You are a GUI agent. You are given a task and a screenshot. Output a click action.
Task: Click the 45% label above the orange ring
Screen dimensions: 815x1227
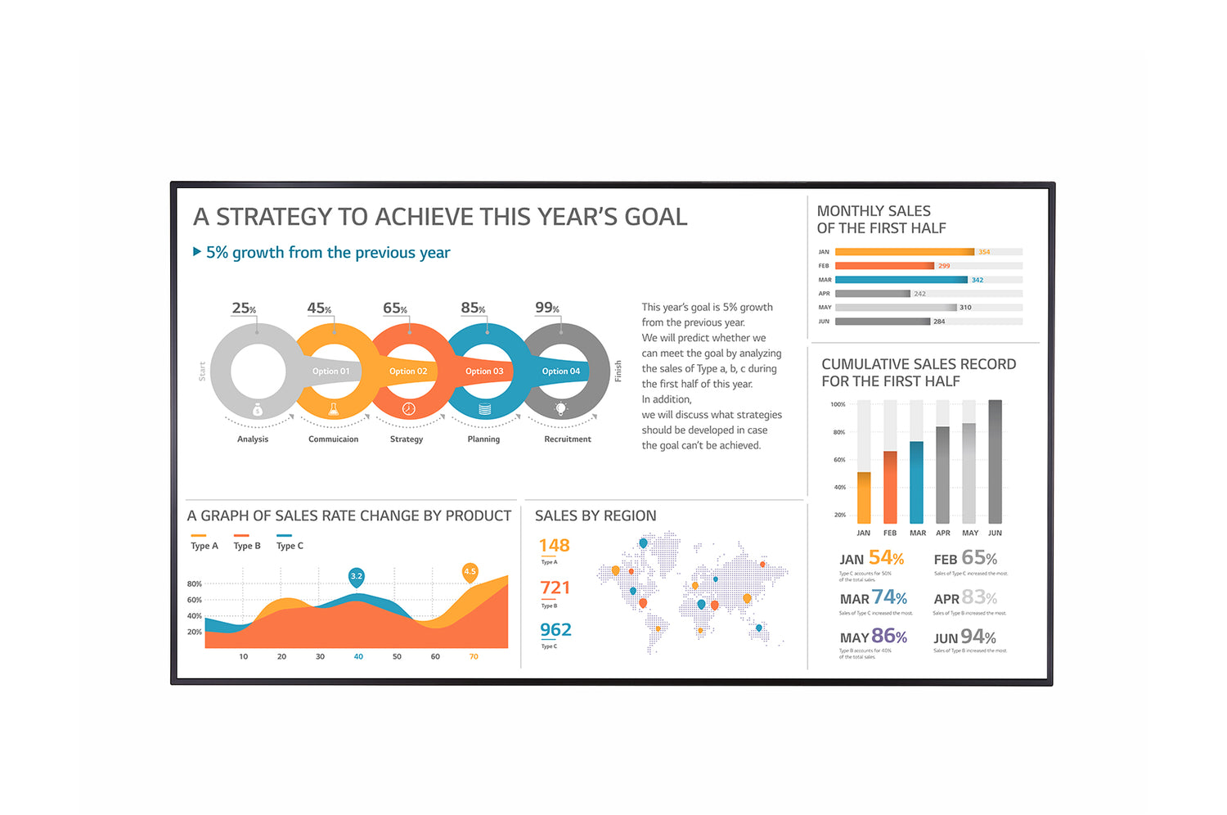(319, 308)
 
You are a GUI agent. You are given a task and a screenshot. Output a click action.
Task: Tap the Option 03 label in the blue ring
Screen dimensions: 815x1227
(484, 371)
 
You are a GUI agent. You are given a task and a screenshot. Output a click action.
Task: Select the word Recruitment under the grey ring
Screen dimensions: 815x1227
(567, 439)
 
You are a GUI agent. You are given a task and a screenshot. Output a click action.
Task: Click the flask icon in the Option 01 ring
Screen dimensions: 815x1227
(333, 409)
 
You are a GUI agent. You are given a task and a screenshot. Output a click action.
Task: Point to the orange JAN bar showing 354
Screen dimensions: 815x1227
(904, 252)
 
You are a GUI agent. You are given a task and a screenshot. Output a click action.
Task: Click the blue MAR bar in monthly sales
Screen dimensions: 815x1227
(901, 280)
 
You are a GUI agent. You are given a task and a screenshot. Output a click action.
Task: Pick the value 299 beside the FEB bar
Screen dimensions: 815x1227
(944, 266)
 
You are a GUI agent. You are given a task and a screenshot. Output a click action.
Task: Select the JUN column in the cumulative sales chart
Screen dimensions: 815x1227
(995, 462)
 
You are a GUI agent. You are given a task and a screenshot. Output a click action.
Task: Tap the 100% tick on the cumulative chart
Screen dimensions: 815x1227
(838, 404)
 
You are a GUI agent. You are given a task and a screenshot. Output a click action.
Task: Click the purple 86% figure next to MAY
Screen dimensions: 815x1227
(888, 636)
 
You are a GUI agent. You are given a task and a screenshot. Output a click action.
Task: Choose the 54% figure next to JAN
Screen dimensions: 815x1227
(886, 558)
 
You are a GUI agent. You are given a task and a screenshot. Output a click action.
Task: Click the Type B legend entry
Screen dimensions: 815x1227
(246, 546)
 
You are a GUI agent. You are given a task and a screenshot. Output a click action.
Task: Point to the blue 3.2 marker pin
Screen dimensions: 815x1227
(356, 577)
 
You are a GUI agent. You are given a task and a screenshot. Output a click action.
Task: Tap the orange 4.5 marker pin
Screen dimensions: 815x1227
(470, 572)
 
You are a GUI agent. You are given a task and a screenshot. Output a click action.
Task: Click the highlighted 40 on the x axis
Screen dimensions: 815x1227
(358, 656)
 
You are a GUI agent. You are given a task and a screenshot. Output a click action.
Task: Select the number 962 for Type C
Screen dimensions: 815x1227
(555, 630)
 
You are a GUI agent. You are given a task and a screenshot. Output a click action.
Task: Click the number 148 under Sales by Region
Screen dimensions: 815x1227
(554, 546)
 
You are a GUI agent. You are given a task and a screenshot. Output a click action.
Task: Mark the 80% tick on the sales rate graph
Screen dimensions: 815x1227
(194, 584)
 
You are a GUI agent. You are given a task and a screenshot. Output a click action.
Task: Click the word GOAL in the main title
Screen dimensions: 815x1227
(655, 217)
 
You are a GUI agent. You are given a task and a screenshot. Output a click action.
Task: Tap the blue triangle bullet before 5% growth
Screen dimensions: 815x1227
(197, 252)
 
